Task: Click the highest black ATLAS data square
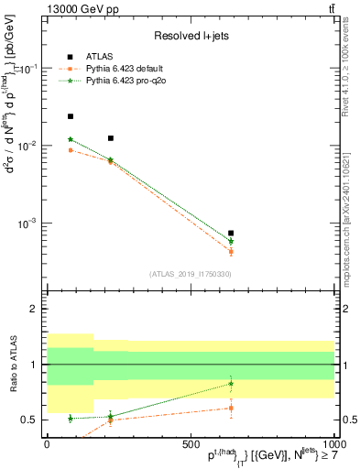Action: (x=71, y=116)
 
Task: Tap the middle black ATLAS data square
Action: (x=111, y=138)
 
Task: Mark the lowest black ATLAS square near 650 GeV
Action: (x=231, y=234)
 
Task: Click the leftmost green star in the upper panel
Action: (x=71, y=139)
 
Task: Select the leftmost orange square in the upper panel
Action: (x=71, y=150)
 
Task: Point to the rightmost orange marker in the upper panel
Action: (x=231, y=251)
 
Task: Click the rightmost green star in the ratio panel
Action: (x=231, y=384)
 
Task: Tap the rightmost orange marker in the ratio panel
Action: (x=231, y=408)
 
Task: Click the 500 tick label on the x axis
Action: (x=191, y=442)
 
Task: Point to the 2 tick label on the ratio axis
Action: (x=33, y=310)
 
